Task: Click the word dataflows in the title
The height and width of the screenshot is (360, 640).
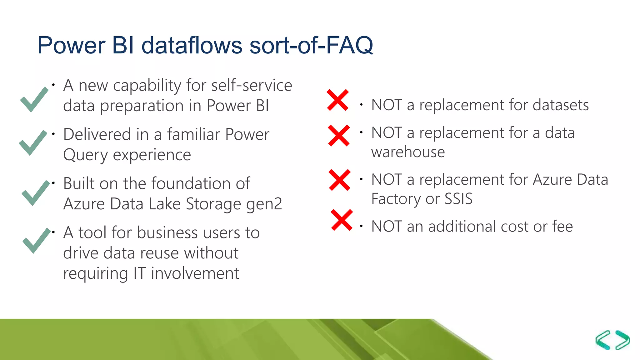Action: pos(192,45)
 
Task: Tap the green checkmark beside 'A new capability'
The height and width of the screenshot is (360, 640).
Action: pos(34,99)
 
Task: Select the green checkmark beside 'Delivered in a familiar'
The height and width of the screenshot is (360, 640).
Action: pos(32,142)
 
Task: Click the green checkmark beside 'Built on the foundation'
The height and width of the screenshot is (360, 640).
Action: pos(35,193)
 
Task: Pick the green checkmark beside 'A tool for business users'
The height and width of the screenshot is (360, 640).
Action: pos(36,240)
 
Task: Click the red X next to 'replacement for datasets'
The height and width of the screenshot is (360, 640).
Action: pos(337,100)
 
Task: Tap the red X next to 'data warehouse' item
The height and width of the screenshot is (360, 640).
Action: pos(339,136)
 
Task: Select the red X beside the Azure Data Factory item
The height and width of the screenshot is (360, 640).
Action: pos(340,180)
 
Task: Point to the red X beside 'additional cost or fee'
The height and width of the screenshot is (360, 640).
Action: pos(342,220)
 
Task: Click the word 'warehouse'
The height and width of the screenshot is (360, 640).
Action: pos(408,152)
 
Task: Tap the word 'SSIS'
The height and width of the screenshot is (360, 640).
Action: pos(458,199)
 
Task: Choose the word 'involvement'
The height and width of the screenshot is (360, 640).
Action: pos(195,273)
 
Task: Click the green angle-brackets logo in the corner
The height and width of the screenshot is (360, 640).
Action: pos(612,340)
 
